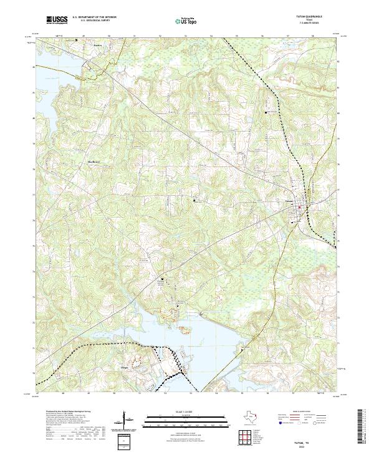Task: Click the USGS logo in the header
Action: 57,20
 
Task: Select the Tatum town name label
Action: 289,201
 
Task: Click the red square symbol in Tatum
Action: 299,207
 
